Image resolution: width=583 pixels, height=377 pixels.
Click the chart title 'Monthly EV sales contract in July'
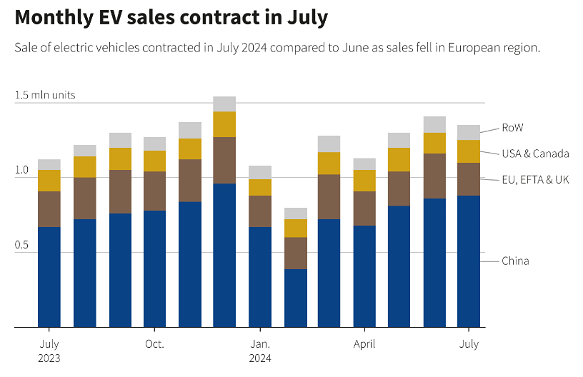(171, 17)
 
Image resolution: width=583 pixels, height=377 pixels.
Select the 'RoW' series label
(512, 127)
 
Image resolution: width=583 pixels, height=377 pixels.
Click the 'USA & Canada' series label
(535, 153)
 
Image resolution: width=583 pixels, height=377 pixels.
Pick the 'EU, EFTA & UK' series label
(535, 179)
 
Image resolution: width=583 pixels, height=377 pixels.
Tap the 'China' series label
(515, 261)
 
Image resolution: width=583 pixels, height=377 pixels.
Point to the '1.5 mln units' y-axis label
(44, 95)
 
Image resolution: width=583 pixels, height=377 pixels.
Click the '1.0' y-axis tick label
(21, 170)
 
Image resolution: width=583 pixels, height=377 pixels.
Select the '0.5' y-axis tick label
(21, 245)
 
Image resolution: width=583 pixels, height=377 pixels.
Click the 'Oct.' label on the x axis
(154, 344)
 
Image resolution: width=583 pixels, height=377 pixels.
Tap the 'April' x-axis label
(364, 344)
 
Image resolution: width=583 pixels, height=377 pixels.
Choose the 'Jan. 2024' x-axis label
(260, 351)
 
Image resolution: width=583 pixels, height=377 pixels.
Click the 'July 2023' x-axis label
(49, 351)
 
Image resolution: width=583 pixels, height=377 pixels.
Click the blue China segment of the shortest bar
(295, 298)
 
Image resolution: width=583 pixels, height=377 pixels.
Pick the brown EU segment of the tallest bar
(224, 160)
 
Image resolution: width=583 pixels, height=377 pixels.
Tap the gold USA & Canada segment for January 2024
(260, 187)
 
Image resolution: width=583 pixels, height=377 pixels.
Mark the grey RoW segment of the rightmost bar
(469, 132)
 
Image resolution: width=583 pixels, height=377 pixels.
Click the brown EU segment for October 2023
(154, 191)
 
